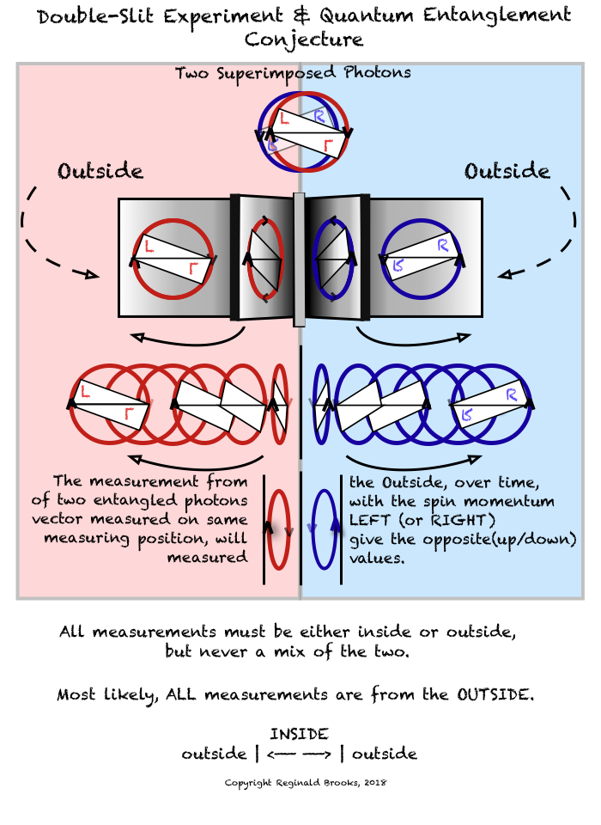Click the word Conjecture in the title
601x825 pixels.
304,40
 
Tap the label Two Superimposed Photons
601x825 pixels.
293,73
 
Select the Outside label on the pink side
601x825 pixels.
100,171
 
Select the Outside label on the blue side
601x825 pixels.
507,171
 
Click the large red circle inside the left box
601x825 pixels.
173,258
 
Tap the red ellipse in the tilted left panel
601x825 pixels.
265,258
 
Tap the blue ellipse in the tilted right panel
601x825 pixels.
334,258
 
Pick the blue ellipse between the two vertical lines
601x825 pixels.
323,529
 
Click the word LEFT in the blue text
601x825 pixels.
371,520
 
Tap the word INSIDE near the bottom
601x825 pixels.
299,734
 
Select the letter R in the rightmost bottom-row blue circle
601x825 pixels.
512,394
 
